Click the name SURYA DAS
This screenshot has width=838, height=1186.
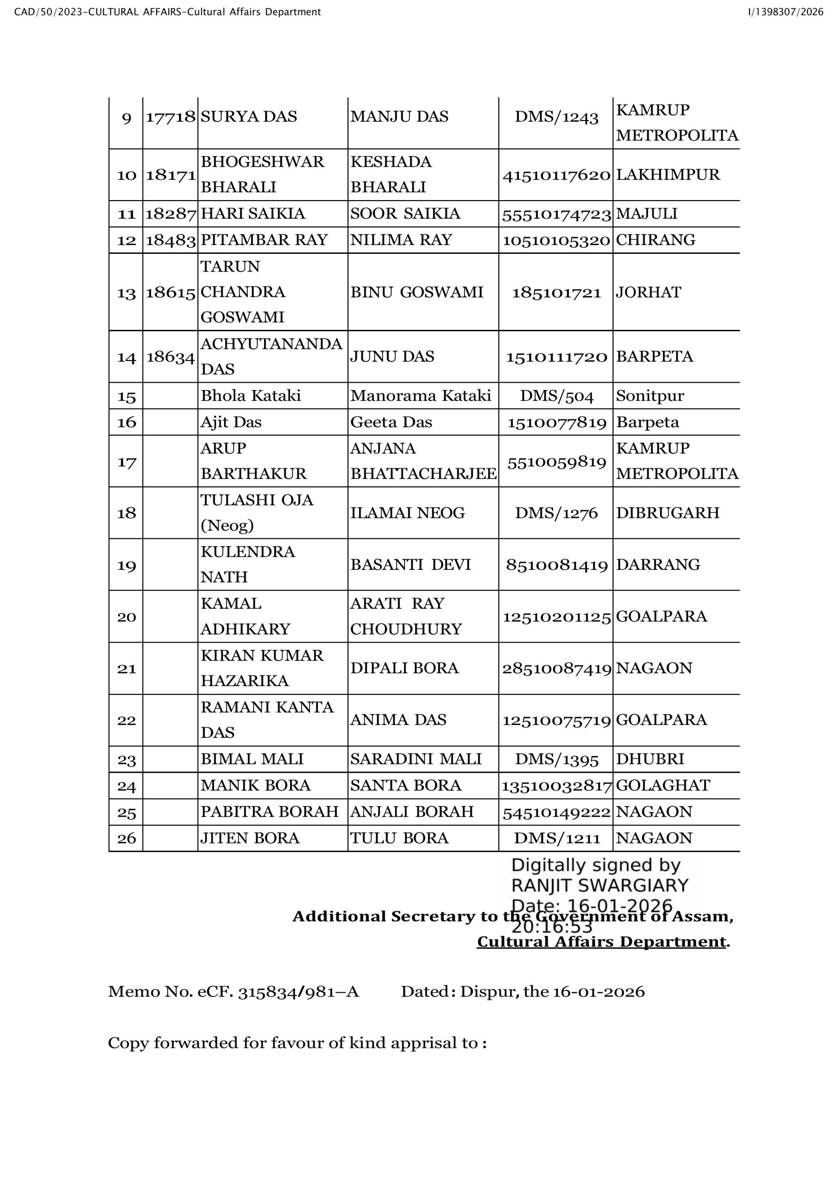[x=249, y=117]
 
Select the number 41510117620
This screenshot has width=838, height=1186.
[x=556, y=175]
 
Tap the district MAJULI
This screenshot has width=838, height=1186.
[x=646, y=214]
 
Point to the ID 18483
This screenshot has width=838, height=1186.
[x=170, y=240]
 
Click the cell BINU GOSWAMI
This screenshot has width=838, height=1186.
[x=416, y=292]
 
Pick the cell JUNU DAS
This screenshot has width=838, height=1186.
[x=392, y=356]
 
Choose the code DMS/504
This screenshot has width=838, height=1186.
[x=556, y=396]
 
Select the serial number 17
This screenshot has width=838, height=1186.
[x=126, y=461]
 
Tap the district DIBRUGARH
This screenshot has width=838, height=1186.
[x=668, y=513]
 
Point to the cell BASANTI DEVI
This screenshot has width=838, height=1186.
[x=410, y=565]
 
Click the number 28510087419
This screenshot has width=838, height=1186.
[x=556, y=669]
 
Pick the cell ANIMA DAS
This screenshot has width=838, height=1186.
[x=398, y=720]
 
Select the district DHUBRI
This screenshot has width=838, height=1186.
[x=650, y=759]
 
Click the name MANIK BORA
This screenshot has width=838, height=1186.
[x=255, y=786]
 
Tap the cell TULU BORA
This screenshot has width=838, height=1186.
[x=399, y=838]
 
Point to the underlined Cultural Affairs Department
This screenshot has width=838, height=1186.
[x=601, y=942]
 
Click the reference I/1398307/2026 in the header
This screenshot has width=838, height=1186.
[x=785, y=12]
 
